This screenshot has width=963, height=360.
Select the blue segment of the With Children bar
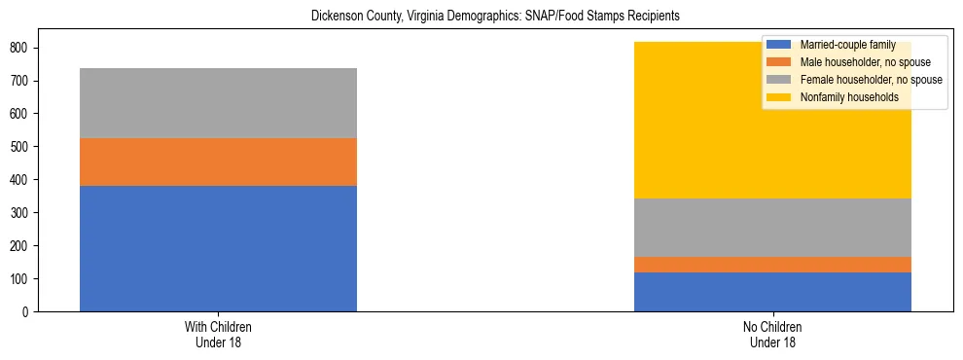(x=218, y=248)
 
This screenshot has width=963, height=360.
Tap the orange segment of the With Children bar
(x=218, y=162)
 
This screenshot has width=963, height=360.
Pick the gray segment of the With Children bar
(x=218, y=103)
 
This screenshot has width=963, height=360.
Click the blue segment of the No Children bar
(x=772, y=292)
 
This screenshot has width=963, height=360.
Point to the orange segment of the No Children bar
(x=772, y=265)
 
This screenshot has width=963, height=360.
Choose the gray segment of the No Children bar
(x=772, y=228)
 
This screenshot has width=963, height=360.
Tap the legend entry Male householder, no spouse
(x=857, y=62)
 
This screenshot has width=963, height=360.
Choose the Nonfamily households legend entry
(x=842, y=97)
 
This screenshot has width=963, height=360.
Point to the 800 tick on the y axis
(x=18, y=48)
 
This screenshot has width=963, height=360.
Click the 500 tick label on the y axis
(x=18, y=147)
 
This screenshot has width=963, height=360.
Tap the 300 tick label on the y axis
(x=18, y=213)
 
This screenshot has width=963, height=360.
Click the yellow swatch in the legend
(x=779, y=97)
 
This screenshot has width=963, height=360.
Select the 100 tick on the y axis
(x=18, y=279)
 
